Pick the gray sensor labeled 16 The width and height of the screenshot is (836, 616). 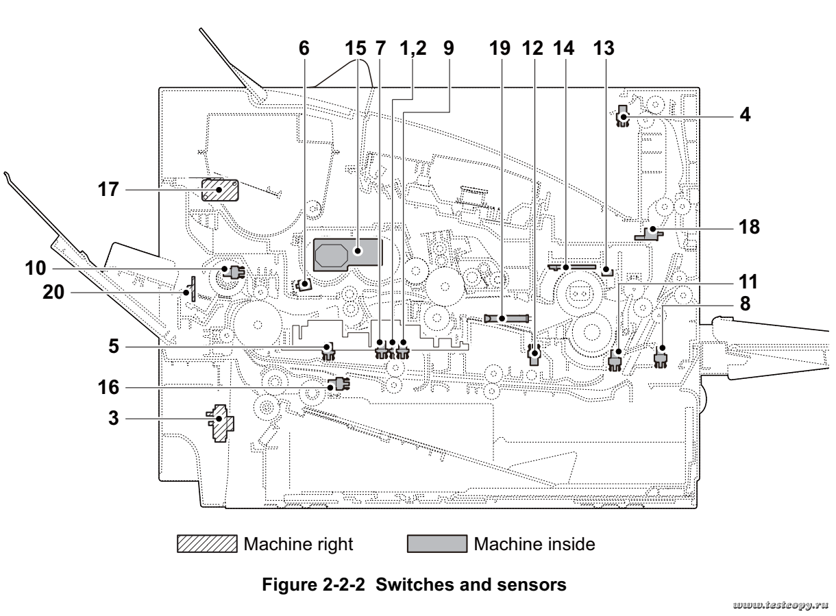[x=336, y=385]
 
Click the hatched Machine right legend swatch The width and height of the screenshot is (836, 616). [x=207, y=545]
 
